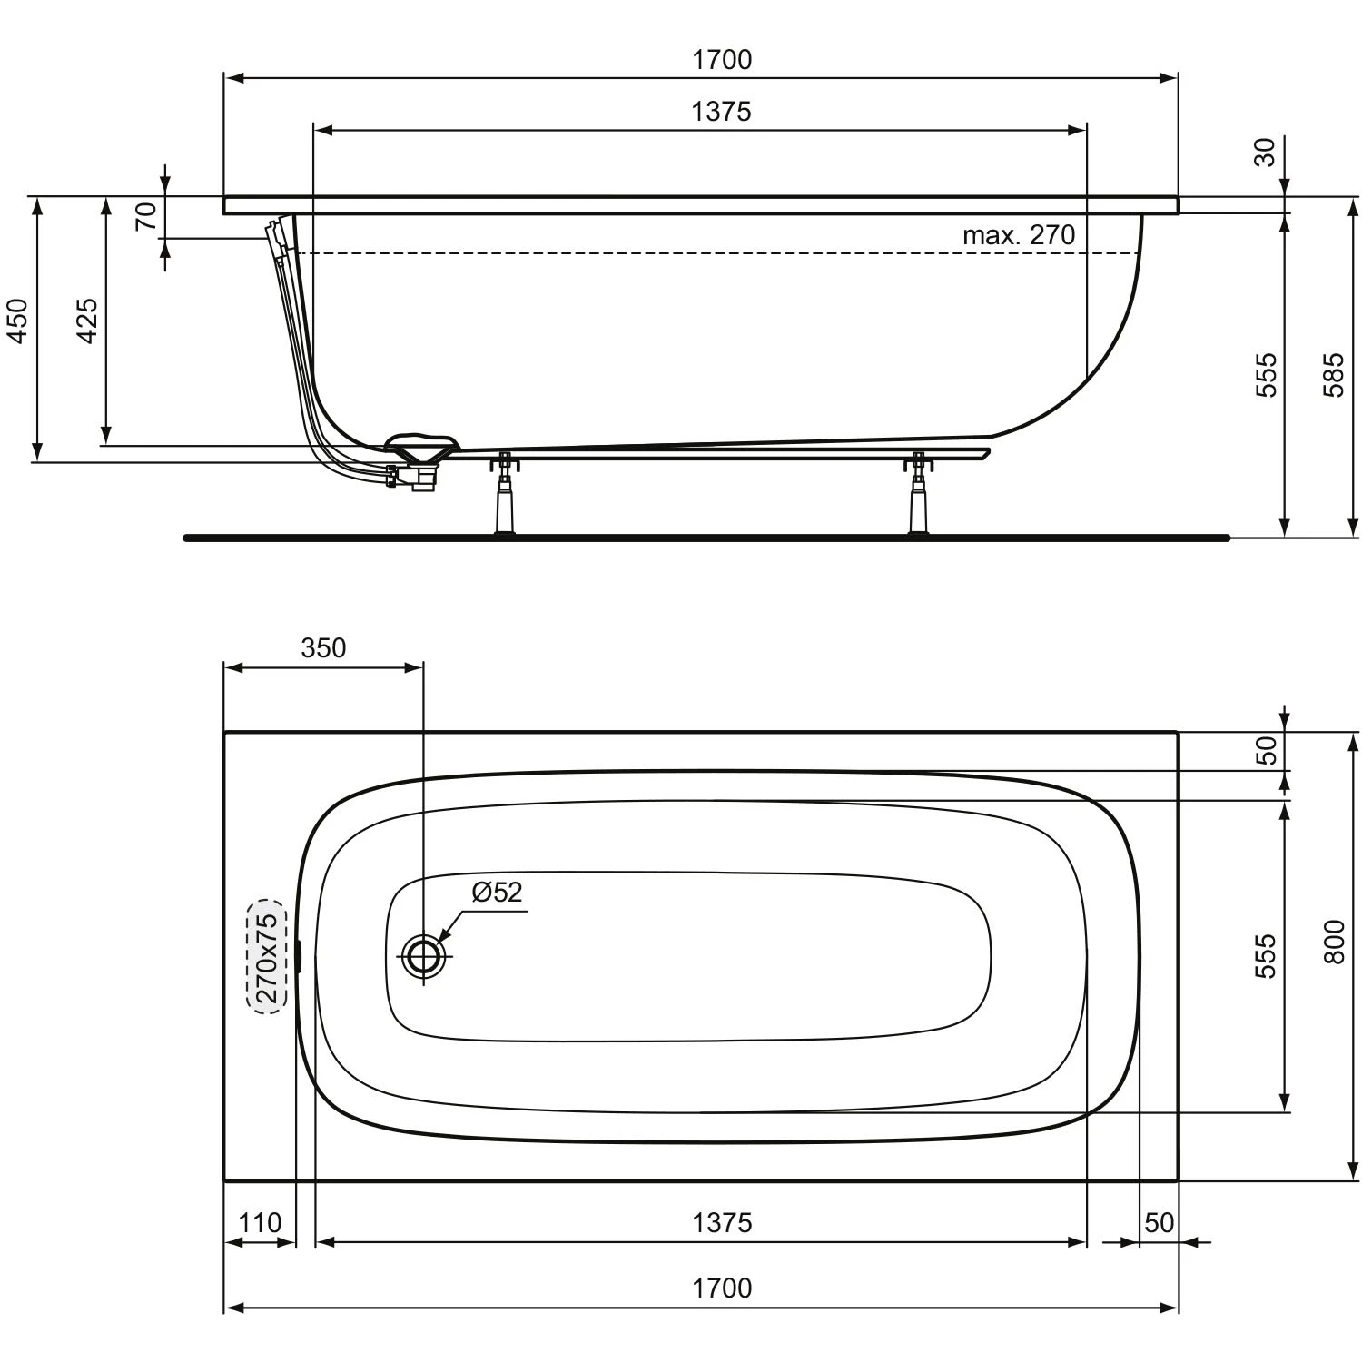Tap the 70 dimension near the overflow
(x=146, y=216)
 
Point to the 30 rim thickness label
(x=1265, y=152)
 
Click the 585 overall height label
(x=1332, y=374)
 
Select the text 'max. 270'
(x=1018, y=235)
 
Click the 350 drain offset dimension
(x=323, y=647)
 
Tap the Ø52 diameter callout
(x=497, y=892)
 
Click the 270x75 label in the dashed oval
(x=267, y=956)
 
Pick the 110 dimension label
(x=260, y=1223)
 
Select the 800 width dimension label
(x=1333, y=943)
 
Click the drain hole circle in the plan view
(x=423, y=956)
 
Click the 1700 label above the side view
(x=722, y=60)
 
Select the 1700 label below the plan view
(x=722, y=1288)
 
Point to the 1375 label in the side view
(x=722, y=112)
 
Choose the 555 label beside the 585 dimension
(x=1266, y=374)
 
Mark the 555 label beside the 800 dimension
(x=1264, y=955)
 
